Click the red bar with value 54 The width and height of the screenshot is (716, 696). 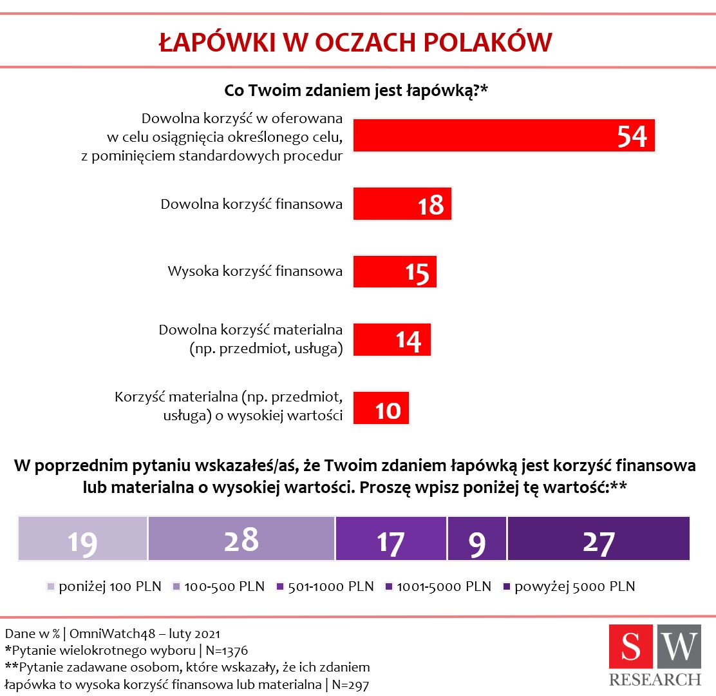click(504, 135)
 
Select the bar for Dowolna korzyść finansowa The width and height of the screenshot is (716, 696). click(402, 204)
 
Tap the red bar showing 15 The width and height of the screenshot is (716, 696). click(395, 271)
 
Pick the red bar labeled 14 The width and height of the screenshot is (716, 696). click(391, 339)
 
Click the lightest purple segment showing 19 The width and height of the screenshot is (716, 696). click(83, 539)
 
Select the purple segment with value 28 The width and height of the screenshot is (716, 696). click(241, 539)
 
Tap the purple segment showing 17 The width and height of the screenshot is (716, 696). click(391, 539)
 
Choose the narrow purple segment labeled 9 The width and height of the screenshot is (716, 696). click(476, 539)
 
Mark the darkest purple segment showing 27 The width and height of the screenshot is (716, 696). click(598, 539)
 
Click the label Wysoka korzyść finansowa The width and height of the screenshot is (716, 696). click(254, 271)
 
